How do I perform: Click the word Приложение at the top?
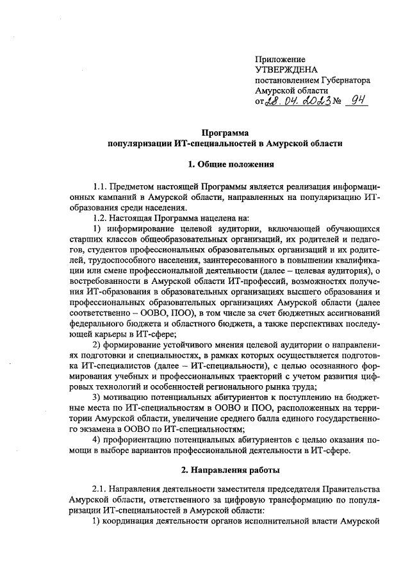(280, 59)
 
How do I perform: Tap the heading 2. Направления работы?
(222, 471)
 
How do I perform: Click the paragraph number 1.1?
(101, 186)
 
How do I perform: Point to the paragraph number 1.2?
(101, 218)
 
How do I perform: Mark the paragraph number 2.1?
(101, 493)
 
